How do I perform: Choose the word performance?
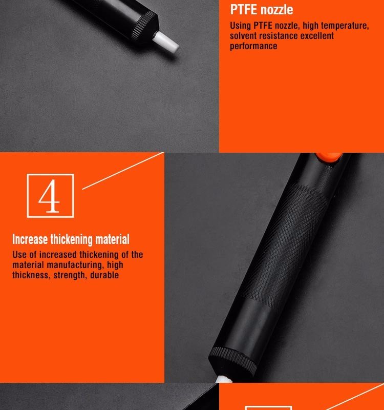[253, 46]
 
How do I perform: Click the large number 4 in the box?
[50, 196]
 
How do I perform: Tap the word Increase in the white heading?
[30, 239]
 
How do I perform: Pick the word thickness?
[31, 275]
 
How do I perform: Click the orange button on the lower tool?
[329, 157]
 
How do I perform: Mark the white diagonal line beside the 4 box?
[123, 171]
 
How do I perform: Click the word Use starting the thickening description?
[18, 255]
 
